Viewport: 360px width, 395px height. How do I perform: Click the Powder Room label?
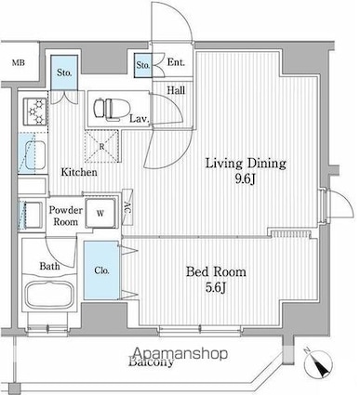tap(66, 216)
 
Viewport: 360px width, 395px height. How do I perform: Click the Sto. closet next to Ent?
tap(144, 67)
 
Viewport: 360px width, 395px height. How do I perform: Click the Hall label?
tap(175, 89)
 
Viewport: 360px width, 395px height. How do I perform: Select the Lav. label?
tap(139, 118)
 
